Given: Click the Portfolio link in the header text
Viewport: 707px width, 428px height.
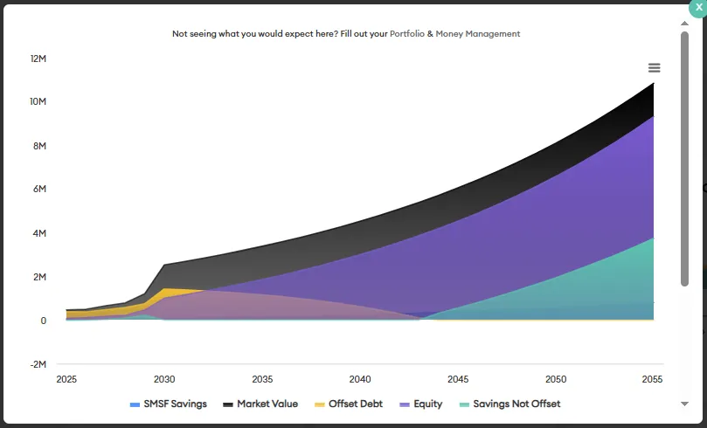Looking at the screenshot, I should (x=407, y=34).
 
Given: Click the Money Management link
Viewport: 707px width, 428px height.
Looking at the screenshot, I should (x=478, y=34).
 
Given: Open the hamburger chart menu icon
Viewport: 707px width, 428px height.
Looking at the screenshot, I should (x=655, y=68).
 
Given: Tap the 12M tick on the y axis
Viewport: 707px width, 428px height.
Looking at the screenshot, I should (x=38, y=59).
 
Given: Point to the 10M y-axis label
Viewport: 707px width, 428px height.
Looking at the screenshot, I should (x=38, y=102).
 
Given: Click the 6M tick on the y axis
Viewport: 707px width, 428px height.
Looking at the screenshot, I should (x=39, y=190).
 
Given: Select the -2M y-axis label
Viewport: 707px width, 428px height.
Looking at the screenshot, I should (x=38, y=364).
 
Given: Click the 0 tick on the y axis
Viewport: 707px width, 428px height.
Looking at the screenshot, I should (x=43, y=321).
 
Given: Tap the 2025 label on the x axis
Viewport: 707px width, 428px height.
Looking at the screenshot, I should (x=66, y=379).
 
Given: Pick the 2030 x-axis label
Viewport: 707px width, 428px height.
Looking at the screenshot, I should (x=164, y=379).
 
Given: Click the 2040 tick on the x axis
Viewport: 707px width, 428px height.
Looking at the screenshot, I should (x=360, y=379).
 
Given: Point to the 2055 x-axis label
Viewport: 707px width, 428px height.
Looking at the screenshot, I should (x=652, y=379).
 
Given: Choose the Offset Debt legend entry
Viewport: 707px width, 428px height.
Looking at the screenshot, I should (x=353, y=404).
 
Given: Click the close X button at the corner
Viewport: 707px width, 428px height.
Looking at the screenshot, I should (x=698, y=6).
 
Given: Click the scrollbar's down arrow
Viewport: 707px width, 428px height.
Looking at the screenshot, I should (x=684, y=404).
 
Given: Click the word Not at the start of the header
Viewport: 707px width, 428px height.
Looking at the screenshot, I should (x=180, y=34).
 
